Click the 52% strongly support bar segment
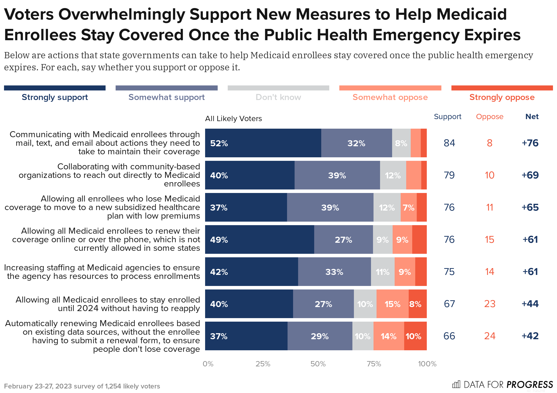click(x=263, y=143)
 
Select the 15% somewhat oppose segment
click(x=392, y=304)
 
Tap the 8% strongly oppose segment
click(x=417, y=304)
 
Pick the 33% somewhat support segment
click(x=334, y=272)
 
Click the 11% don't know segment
click(x=383, y=272)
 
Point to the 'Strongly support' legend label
click(x=55, y=97)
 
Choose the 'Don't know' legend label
click(x=278, y=97)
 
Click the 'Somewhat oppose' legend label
click(x=390, y=97)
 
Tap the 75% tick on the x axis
click(x=374, y=364)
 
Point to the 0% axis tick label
click(x=208, y=364)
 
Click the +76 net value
click(x=530, y=143)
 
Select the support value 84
click(x=449, y=143)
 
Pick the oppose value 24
click(x=490, y=336)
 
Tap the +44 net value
click(x=530, y=304)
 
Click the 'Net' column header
click(x=532, y=117)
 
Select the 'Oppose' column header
click(x=490, y=117)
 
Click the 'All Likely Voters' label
click(x=233, y=119)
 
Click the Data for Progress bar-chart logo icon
click(x=456, y=384)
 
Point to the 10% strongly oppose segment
click(x=415, y=336)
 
